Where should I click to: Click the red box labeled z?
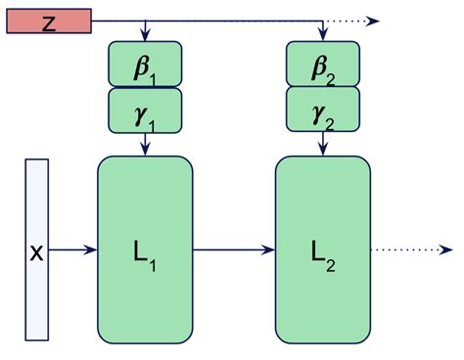tap(49, 22)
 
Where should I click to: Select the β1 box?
tap(145, 65)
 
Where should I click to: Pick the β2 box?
tap(322, 65)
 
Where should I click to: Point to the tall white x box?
tap(36, 250)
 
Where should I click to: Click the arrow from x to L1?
tap(72, 250)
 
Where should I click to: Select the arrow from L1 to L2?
tap(233, 250)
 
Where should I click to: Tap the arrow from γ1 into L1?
tap(145, 143)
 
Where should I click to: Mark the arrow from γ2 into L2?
tap(322, 143)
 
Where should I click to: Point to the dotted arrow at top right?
tap(357, 21)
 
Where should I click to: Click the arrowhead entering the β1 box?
tap(145, 36)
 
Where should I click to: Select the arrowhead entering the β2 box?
tap(322, 36)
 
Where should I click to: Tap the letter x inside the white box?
tap(36, 252)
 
